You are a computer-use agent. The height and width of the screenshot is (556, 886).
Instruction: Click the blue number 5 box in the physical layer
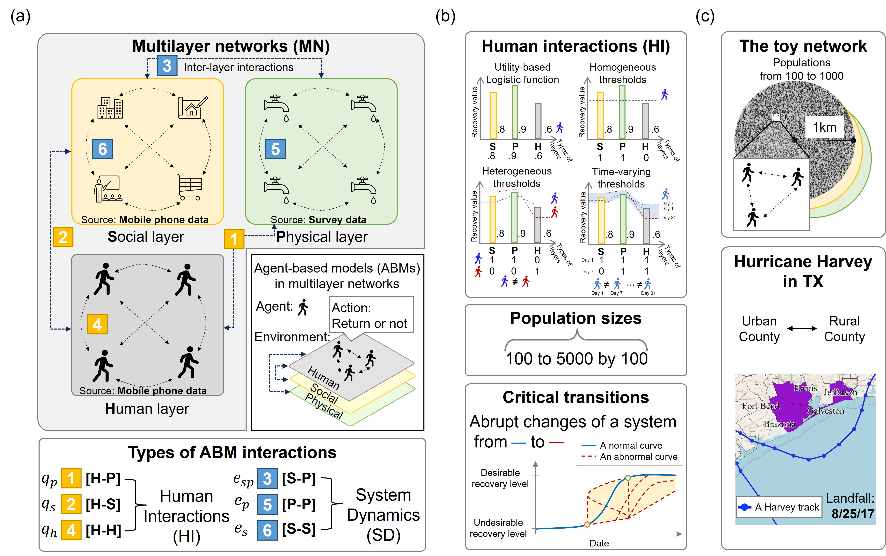pyautogui.click(x=275, y=149)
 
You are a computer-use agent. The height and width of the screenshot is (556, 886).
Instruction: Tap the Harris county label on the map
pyautogui.click(x=805, y=388)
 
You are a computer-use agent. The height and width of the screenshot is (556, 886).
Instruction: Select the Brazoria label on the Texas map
pyautogui.click(x=779, y=424)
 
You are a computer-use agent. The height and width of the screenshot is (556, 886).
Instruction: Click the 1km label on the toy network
pyautogui.click(x=824, y=127)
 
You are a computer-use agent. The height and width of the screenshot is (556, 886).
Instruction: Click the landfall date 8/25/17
pyautogui.click(x=853, y=514)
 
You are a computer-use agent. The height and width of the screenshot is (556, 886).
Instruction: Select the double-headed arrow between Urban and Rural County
pyautogui.click(x=802, y=328)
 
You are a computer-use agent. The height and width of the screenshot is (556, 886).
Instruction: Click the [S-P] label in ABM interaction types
pyautogui.click(x=298, y=478)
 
